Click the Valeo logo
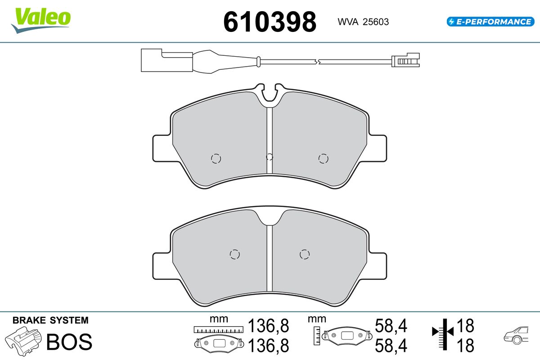pos(41,20)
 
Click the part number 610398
pos(270,22)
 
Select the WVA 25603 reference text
pos(363,22)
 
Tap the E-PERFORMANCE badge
pos(490,22)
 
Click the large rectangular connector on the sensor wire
pos(166,60)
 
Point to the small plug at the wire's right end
pos(405,60)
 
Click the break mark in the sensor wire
pos(317,62)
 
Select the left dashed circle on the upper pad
pos(216,159)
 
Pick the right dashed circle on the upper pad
pos(323,159)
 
